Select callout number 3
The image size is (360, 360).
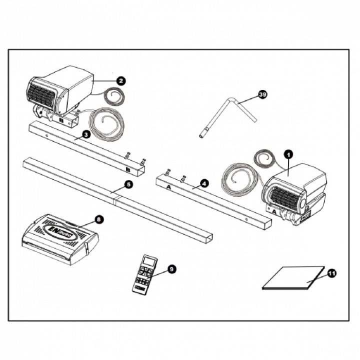86,134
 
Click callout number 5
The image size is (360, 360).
128,184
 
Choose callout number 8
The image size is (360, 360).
98,218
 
